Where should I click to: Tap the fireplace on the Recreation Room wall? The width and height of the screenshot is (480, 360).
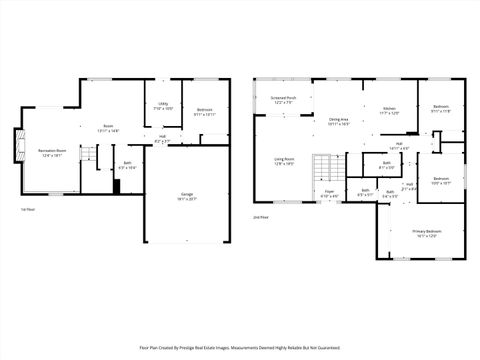[x=16, y=146]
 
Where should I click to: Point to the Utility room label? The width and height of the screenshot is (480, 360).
[x=162, y=105]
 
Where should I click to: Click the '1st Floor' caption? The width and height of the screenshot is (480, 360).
[x=28, y=209]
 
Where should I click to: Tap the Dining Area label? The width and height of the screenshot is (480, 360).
[x=338, y=122]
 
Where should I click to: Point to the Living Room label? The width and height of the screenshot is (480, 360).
[x=284, y=160]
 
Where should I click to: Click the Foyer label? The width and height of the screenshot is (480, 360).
[x=329, y=194]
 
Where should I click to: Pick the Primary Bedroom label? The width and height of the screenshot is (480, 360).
[x=427, y=233]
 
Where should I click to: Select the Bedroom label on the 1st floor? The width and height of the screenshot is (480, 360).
[x=204, y=112]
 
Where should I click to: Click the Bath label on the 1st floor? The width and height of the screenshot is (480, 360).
[x=127, y=165]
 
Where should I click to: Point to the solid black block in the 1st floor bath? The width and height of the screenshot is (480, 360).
[x=117, y=188]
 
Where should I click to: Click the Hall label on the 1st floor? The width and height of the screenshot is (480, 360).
[x=161, y=140]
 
